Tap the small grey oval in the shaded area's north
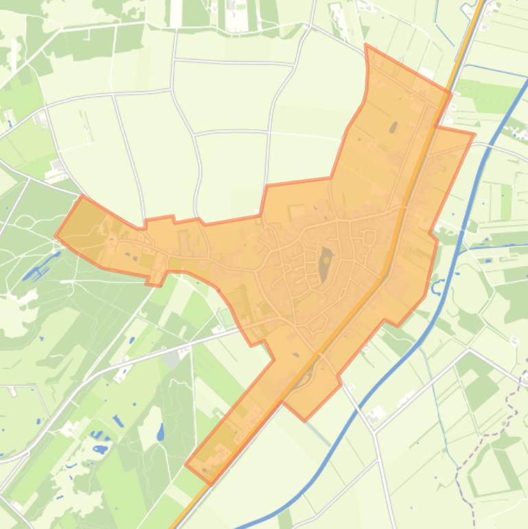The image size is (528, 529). [393, 127]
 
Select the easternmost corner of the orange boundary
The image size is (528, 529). [474, 134]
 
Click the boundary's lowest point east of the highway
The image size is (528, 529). [304, 420]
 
